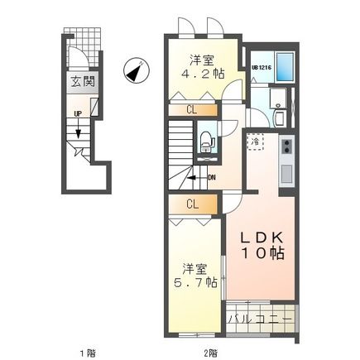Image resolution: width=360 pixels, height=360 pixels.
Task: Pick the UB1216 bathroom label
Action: (x=262, y=69)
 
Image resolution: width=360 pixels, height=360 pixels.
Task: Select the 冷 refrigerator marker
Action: (x=256, y=142)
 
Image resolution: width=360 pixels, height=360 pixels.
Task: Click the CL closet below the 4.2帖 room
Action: (x=191, y=108)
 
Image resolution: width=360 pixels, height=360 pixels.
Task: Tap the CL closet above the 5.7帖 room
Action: (x=191, y=204)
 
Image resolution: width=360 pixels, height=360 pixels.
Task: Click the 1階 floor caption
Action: (x=86, y=353)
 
